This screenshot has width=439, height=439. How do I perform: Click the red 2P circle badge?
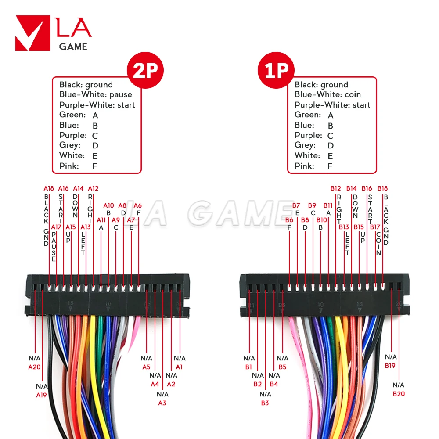[145, 70]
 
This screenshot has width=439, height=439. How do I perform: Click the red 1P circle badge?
[276, 70]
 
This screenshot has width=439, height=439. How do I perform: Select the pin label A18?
[48, 188]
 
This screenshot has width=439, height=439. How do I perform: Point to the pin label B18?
[383, 188]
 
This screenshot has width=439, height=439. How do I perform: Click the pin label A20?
[35, 367]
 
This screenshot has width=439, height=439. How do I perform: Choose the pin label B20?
[399, 394]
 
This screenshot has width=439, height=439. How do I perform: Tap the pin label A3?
[162, 403]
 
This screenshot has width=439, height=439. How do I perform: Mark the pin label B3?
[265, 403]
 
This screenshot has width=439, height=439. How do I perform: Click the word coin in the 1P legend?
[353, 94]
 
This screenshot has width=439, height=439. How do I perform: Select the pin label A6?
[138, 205]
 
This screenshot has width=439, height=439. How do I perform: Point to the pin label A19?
[41, 395]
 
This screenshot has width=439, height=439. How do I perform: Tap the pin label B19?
[391, 365]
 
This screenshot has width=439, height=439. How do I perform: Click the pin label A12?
[93, 188]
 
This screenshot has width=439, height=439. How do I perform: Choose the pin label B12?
[336, 188]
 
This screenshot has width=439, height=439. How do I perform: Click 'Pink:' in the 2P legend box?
[69, 166]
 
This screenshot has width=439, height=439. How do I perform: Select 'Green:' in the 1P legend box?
[308, 115]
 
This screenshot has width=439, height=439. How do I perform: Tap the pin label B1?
[249, 367]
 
